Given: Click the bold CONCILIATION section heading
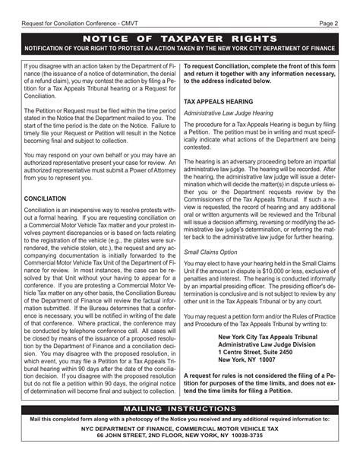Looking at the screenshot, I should (x=45, y=198).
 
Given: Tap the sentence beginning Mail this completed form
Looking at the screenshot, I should (x=179, y=419).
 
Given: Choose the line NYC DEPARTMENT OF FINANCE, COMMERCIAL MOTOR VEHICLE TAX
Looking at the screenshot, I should (x=179, y=429).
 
